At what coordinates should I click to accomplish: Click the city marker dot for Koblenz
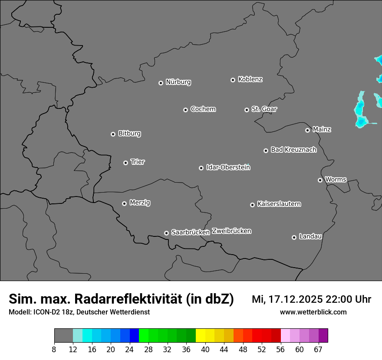pyautogui.click(x=233, y=80)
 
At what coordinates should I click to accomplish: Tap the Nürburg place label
pyautogui.click(x=178, y=82)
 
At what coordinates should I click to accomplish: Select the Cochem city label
pyautogui.click(x=203, y=109)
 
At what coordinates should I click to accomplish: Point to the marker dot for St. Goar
pyautogui.click(x=247, y=110)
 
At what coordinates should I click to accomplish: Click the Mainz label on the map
pyautogui.click(x=322, y=129)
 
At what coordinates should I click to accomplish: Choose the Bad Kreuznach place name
pyautogui.click(x=293, y=150)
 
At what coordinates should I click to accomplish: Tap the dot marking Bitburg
pyautogui.click(x=113, y=134)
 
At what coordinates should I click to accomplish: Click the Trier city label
pyautogui.click(x=138, y=162)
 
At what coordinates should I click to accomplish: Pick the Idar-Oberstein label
pyautogui.click(x=228, y=167)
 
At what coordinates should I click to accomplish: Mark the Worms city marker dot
pyautogui.click(x=320, y=180)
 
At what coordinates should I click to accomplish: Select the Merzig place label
pyautogui.click(x=140, y=203)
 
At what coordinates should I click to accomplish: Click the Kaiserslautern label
pyautogui.click(x=279, y=204)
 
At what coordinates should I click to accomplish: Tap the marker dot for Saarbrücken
pyautogui.click(x=166, y=233)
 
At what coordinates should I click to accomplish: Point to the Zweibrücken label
pyautogui.click(x=231, y=231)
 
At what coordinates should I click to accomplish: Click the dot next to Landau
pyautogui.click(x=294, y=237)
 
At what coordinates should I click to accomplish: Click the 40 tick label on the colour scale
pyautogui.click(x=205, y=350)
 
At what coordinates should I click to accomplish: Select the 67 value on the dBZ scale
pyautogui.click(x=318, y=350)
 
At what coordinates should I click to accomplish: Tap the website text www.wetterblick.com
pyautogui.click(x=313, y=312)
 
